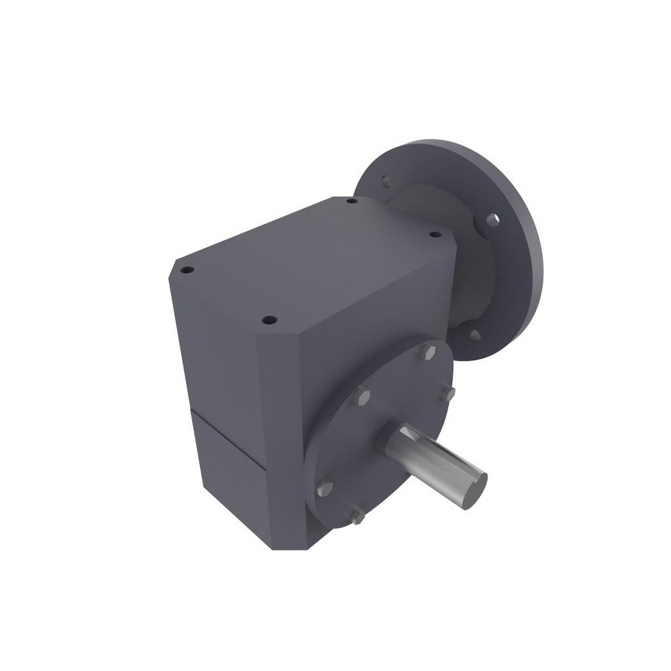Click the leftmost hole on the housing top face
[x=188, y=270]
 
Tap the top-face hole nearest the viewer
[x=268, y=319]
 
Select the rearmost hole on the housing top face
[x=351, y=200]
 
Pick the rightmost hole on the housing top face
[x=433, y=235]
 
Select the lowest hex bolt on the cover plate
[x=357, y=516]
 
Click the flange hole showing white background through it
[x=493, y=218]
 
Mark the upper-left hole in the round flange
[x=386, y=180]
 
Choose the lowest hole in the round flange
[x=474, y=333]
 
